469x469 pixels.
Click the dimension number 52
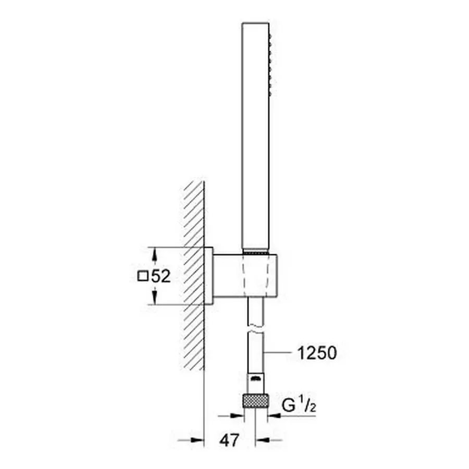tap(161, 276)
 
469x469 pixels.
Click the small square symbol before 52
tap(143, 276)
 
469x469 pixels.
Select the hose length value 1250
tap(317, 353)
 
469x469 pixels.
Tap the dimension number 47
tap(229, 440)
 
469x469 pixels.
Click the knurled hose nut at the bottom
tap(256, 401)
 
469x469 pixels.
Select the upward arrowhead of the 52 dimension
tap(154, 255)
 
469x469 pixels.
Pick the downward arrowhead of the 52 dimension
tap(154, 297)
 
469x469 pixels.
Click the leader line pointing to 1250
tap(278, 353)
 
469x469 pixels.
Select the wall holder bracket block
tap(245, 276)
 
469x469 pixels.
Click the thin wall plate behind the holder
tap(208, 276)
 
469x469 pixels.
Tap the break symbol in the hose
tap(256, 329)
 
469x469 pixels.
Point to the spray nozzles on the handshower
tap(270, 65)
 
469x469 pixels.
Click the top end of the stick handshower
tap(255, 23)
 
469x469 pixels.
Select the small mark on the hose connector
tap(255, 379)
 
